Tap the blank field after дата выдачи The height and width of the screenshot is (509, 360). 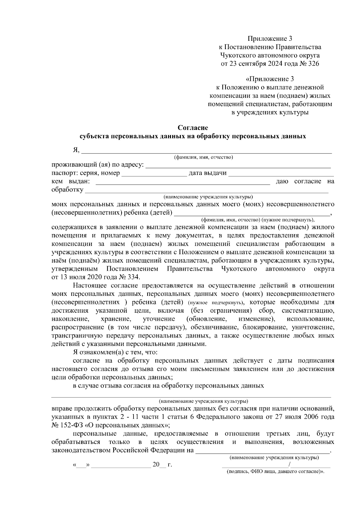click(281, 174)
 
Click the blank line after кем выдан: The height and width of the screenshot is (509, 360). click(182, 182)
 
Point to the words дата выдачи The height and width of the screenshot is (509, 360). click(207, 173)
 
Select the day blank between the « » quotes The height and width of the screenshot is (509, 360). click(80, 465)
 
